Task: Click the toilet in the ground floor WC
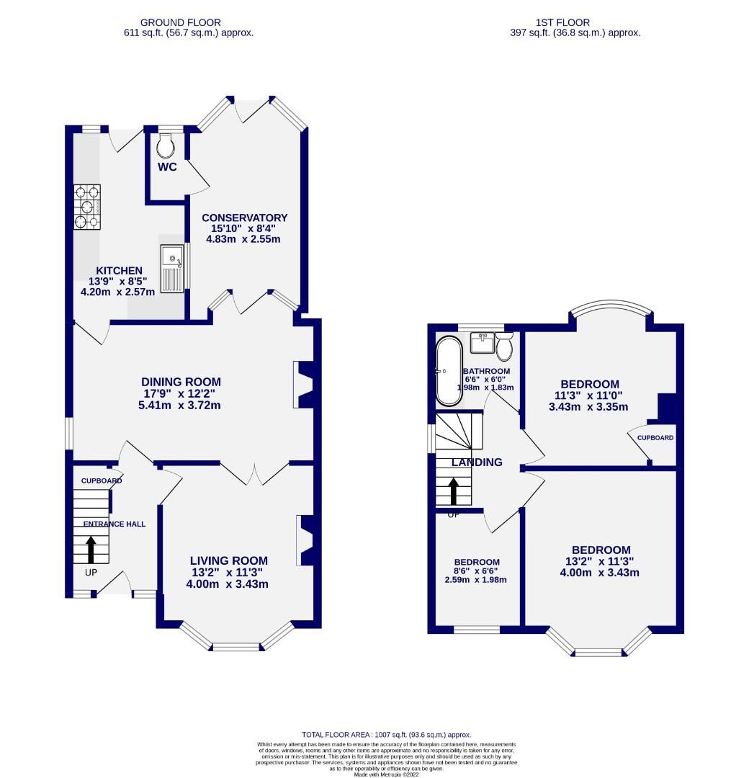pyautogui.click(x=166, y=147)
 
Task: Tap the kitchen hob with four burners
pyautogui.click(x=87, y=206)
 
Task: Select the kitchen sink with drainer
pyautogui.click(x=173, y=268)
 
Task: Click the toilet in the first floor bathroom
pyautogui.click(x=504, y=348)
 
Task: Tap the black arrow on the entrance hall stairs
pyautogui.click(x=91, y=548)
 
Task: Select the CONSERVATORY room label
pyautogui.click(x=244, y=218)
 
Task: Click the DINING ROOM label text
pyautogui.click(x=181, y=382)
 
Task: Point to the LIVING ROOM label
pyautogui.click(x=228, y=560)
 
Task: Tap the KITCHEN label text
pyautogui.click(x=120, y=270)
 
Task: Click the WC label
pyautogui.click(x=168, y=167)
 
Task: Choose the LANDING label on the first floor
pyautogui.click(x=477, y=462)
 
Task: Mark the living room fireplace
pyautogui.click(x=305, y=540)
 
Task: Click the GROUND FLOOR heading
pyautogui.click(x=181, y=23)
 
